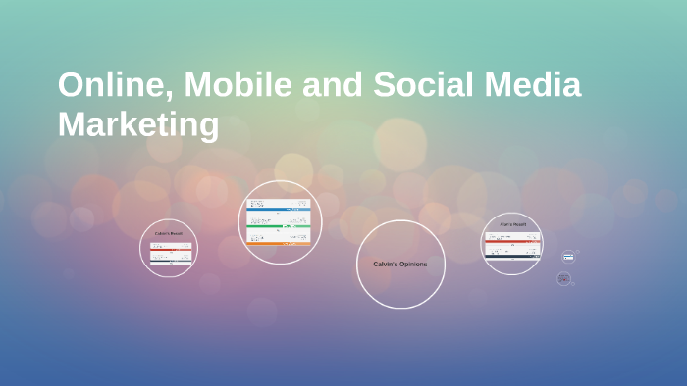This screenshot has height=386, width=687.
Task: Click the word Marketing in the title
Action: point(138,125)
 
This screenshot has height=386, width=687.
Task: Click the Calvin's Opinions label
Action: point(400,264)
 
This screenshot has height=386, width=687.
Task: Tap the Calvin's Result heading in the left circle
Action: point(169,233)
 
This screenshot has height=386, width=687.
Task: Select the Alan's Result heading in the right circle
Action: point(512,224)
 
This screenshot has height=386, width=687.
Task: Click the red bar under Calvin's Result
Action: point(170,245)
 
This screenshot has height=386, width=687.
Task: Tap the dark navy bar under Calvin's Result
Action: point(170,261)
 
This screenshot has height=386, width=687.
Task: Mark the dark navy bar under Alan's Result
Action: point(512,257)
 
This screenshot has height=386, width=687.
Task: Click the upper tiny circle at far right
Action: point(567,257)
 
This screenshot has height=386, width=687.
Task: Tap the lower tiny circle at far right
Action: point(563,278)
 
